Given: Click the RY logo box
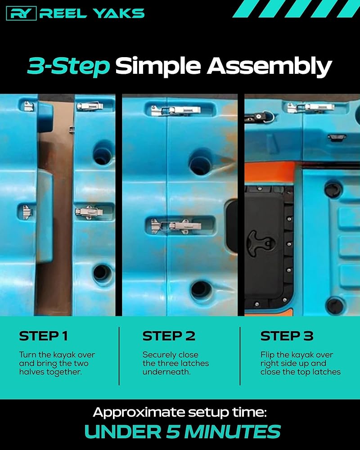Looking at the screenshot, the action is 21,13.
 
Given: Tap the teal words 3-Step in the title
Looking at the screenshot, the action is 68,66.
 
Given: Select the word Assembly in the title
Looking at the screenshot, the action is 269,66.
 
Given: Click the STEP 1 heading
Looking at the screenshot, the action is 43,336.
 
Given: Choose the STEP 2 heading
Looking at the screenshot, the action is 169,336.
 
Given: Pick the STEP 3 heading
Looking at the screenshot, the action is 287,336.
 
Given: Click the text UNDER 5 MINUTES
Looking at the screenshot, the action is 183,432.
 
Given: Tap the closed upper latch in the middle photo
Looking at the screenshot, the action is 176,111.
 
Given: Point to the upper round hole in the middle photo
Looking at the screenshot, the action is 200,162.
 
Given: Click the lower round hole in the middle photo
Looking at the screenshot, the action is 201,290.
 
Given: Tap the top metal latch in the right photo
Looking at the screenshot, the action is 310,108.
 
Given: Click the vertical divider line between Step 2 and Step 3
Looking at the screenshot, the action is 240,356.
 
